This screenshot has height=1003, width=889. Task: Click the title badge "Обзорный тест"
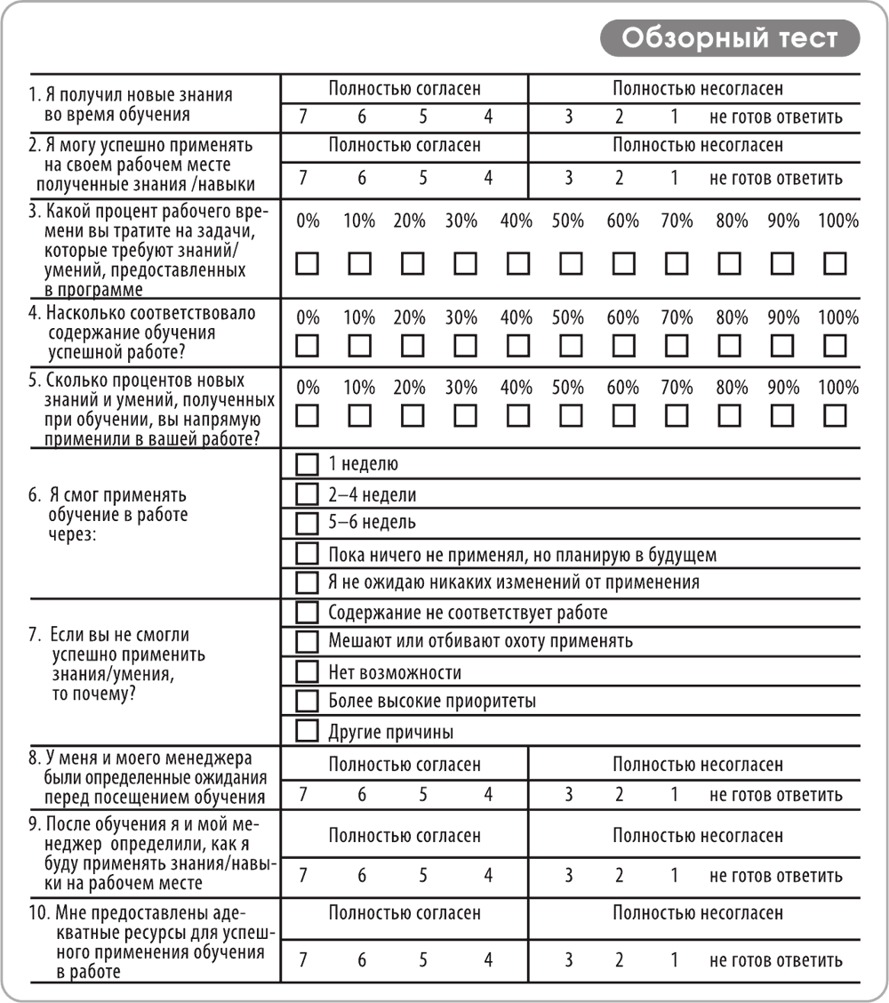click(730, 38)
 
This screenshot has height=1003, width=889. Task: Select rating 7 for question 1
click(303, 116)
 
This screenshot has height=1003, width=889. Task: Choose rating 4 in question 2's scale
click(488, 177)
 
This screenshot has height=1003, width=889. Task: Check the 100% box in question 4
click(835, 345)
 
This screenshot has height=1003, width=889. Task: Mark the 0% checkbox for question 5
click(307, 415)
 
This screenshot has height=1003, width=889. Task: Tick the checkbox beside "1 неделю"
click(307, 464)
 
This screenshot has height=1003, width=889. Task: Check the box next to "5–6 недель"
click(307, 523)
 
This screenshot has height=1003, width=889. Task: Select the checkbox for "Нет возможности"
click(307, 672)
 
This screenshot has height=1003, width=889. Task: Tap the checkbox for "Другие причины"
click(307, 732)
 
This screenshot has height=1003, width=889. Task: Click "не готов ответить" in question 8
click(776, 795)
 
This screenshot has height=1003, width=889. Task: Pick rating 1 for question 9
click(674, 876)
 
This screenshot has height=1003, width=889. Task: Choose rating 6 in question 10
click(362, 960)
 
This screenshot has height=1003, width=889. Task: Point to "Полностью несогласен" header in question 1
click(698, 89)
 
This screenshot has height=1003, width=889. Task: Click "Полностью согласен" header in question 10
click(404, 913)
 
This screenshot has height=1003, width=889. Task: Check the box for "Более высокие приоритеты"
click(307, 702)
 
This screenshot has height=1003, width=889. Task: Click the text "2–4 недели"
click(372, 494)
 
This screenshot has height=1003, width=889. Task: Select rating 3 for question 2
click(568, 177)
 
